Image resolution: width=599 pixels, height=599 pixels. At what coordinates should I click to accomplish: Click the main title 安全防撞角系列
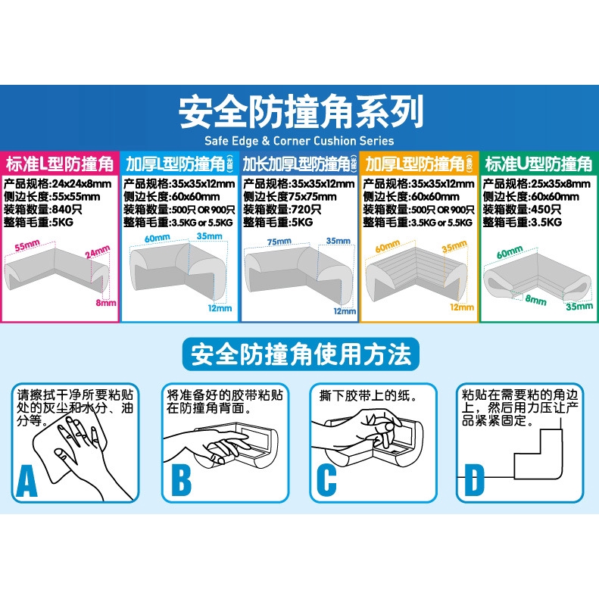click(x=299, y=114)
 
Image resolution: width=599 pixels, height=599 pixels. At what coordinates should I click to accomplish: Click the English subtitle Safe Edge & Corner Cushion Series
click(x=299, y=140)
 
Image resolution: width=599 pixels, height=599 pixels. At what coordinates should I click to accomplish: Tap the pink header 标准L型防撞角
click(x=60, y=164)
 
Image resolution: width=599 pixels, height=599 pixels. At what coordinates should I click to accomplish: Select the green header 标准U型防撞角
click(x=538, y=164)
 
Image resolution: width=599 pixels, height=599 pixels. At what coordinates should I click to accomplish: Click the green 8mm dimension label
click(x=536, y=300)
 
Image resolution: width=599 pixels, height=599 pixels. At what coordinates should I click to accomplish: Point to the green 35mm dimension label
click(x=579, y=307)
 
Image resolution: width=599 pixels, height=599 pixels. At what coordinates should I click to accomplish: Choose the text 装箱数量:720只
click(x=280, y=209)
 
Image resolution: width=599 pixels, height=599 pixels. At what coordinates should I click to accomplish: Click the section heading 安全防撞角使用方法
click(x=300, y=354)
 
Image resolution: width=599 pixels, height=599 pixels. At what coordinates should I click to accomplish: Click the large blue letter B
click(x=181, y=480)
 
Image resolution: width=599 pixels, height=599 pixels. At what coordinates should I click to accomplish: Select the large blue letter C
click(x=326, y=480)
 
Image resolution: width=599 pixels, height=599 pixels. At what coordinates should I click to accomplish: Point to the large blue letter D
click(x=473, y=480)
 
